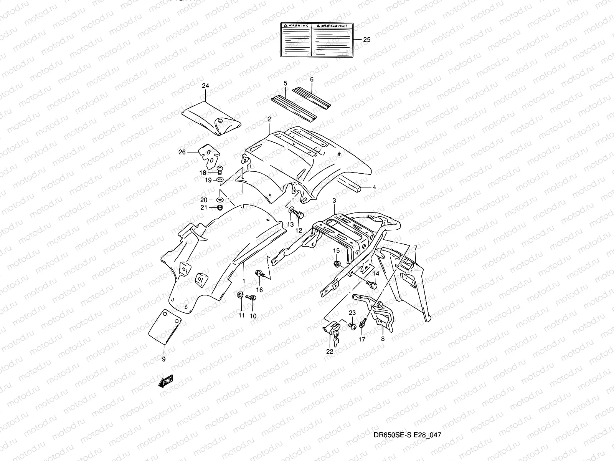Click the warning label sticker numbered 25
(316, 40)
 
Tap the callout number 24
(205, 86)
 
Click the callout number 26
(182, 152)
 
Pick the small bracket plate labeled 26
(207, 156)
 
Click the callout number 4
(374, 187)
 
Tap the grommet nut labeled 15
(337, 264)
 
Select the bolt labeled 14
(372, 285)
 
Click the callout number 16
(259, 290)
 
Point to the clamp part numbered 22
(332, 330)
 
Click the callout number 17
(362, 339)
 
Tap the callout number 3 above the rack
(334, 201)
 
